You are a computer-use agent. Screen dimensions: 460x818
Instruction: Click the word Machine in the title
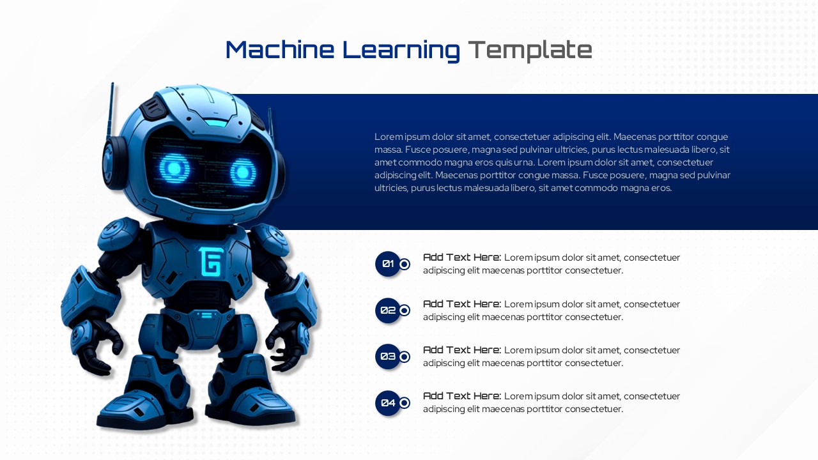[x=279, y=50]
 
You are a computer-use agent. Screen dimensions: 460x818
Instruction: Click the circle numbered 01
[x=388, y=264]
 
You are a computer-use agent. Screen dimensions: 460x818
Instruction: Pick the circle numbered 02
[x=388, y=310]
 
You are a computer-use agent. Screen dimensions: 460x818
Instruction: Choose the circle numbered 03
[x=388, y=356]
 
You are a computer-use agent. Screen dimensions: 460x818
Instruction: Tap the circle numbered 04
[x=388, y=403]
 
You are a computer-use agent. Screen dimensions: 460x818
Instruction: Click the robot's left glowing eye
[x=174, y=169]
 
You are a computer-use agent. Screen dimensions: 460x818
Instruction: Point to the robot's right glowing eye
[x=243, y=172]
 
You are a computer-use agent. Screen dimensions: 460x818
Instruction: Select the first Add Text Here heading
[x=461, y=257]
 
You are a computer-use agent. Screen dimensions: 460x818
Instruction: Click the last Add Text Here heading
[x=461, y=396]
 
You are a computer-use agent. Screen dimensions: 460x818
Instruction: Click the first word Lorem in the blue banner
[x=387, y=137]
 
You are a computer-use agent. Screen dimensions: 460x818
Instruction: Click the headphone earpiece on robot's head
[x=114, y=163]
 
